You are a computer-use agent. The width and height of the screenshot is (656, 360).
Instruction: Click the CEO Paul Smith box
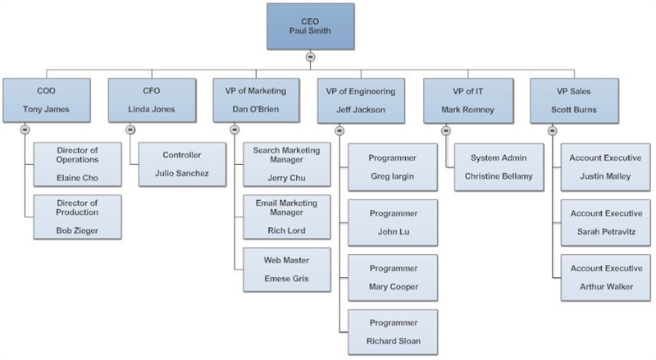pos(311,26)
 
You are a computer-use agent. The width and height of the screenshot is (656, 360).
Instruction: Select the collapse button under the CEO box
pos(310,57)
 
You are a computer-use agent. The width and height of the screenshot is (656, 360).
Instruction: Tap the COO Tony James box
pos(47,100)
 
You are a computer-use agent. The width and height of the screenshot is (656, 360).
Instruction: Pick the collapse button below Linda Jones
pos(130,130)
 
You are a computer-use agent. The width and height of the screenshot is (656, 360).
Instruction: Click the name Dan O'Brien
pos(256,109)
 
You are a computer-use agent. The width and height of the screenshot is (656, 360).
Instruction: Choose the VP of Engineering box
pos(361,101)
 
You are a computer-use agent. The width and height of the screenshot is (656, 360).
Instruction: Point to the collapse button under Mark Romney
pos(446,130)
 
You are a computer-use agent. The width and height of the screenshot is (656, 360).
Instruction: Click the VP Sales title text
pos(573,91)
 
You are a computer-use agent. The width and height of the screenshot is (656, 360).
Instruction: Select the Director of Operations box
pos(77,164)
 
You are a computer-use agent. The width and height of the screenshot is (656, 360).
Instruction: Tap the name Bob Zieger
pos(77,230)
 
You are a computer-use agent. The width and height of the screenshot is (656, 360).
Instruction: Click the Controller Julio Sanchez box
pos(182,164)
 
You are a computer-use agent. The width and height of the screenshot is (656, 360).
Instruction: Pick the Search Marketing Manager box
pos(286,164)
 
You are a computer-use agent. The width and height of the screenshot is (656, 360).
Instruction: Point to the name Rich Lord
pos(286,230)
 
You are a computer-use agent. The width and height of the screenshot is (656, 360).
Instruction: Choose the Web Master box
pos(286,270)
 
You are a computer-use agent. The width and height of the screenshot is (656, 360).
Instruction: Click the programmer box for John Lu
pos(393,222)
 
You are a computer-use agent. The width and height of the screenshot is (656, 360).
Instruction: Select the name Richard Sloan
pos(394,341)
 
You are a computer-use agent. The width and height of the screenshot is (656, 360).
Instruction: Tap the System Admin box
pos(499,167)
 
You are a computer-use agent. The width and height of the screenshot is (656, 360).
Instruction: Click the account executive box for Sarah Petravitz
pos(606,222)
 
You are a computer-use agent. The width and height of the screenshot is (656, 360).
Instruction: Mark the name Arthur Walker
pos(606,287)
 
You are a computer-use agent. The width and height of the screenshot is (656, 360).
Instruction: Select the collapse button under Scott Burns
pos(552,130)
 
